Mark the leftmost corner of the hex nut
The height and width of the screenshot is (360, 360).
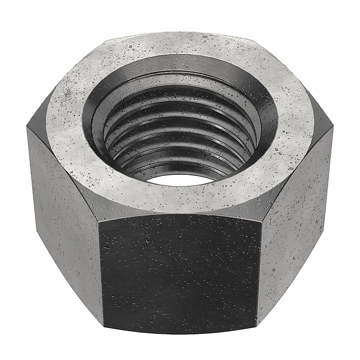pos(26,124)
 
